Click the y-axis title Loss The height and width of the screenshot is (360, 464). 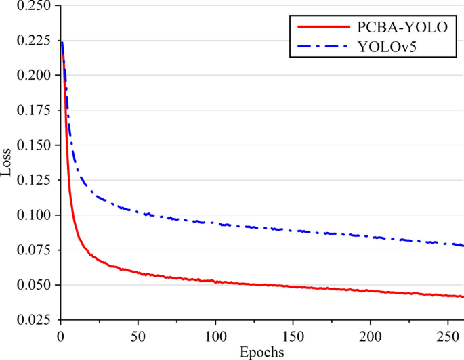(7, 162)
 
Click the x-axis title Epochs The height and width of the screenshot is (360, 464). (261, 352)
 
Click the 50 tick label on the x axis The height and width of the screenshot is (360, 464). (138, 335)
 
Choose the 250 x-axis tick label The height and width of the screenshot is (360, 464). (448, 335)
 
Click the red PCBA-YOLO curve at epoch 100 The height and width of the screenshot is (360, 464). (215, 281)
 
